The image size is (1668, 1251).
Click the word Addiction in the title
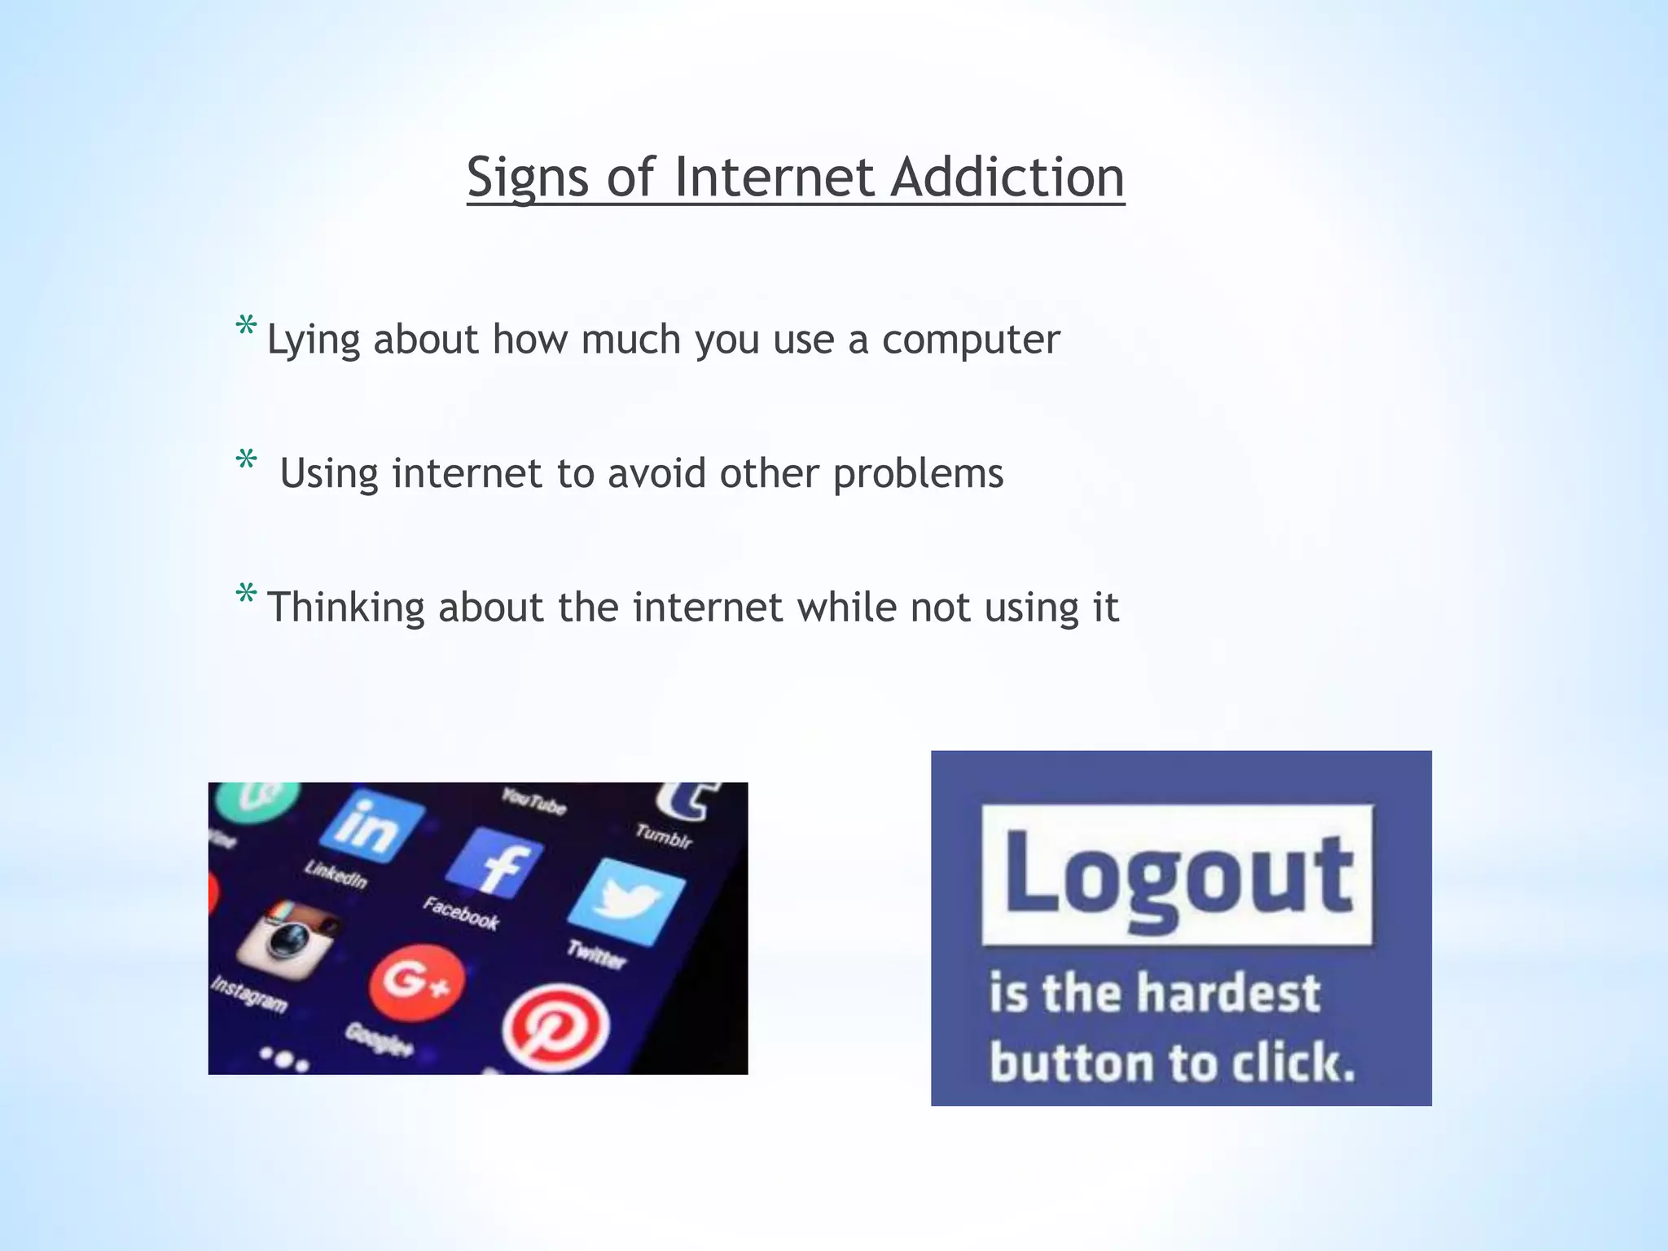click(x=1007, y=177)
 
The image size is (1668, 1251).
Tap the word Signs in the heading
click(x=527, y=177)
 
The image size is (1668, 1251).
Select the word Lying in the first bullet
click(x=314, y=340)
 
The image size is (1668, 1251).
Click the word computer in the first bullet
click(x=971, y=340)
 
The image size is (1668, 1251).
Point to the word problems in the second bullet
click(x=918, y=473)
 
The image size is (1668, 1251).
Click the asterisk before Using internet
click(x=245, y=461)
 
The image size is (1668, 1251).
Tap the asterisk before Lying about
click(x=245, y=327)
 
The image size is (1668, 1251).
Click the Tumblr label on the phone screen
click(x=664, y=836)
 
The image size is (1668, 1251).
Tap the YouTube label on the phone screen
click(x=533, y=801)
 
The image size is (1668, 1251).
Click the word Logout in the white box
click(x=1178, y=876)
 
